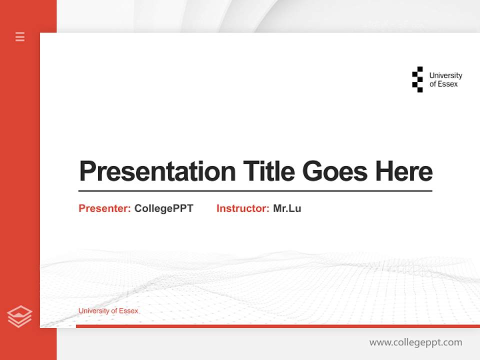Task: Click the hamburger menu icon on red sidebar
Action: coord(20,36)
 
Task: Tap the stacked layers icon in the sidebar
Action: coord(19,316)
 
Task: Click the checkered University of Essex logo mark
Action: coord(417,79)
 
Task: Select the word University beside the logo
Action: coord(445,75)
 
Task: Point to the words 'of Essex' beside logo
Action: coord(443,84)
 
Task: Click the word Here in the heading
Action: coord(404,171)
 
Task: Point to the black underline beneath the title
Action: coord(255,190)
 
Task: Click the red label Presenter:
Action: coord(104,208)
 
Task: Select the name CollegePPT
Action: coord(163,208)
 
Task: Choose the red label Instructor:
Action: coord(242,208)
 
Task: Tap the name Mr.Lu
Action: coord(287,208)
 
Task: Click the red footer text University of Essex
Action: coord(108,311)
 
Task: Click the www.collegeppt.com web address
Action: coord(415,342)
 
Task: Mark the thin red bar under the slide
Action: coord(277,326)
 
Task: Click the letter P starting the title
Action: coord(87,171)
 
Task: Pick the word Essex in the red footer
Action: coord(128,311)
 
